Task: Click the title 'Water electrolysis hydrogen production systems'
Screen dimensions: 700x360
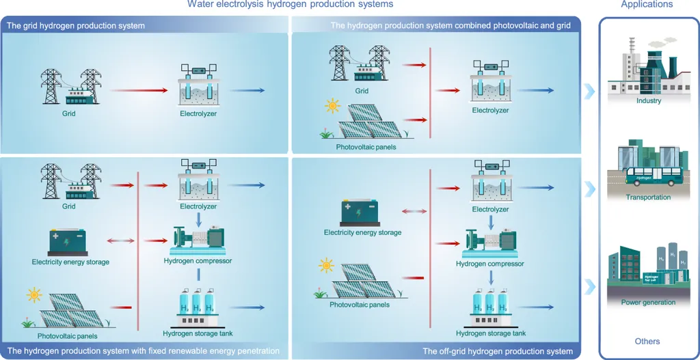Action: pos(290,5)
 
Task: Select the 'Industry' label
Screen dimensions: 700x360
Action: pos(649,101)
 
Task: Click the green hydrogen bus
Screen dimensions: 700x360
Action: pos(654,176)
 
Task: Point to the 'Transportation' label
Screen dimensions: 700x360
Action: pos(648,197)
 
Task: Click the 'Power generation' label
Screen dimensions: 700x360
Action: pos(648,303)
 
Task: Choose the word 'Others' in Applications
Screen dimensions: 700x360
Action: pos(647,342)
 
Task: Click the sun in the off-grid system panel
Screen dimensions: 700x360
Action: pos(326,266)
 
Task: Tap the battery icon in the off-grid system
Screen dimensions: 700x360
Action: pos(361,213)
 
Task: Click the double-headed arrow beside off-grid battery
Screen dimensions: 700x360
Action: pos(414,211)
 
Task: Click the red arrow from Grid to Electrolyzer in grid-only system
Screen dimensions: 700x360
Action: pos(138,90)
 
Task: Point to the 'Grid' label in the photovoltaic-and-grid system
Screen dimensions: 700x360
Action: pos(361,91)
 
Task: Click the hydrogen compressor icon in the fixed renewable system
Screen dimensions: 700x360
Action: pos(198,241)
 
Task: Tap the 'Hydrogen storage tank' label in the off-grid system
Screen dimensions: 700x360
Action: pos(491,333)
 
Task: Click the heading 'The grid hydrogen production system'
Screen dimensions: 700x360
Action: pos(76,26)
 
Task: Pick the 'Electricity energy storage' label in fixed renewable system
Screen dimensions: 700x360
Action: pos(70,262)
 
